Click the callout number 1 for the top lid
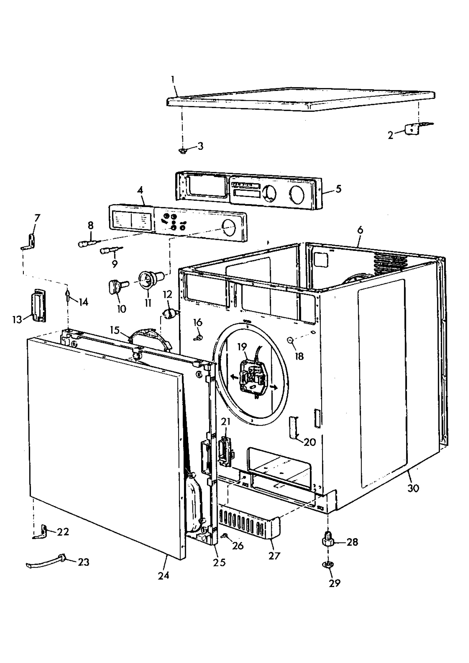pos(173,79)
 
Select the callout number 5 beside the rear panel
pos(339,189)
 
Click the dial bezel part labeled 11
pos(149,280)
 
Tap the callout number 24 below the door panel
pos(163,581)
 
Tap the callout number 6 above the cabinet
pos(360,230)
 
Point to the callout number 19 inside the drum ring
pos(242,347)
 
